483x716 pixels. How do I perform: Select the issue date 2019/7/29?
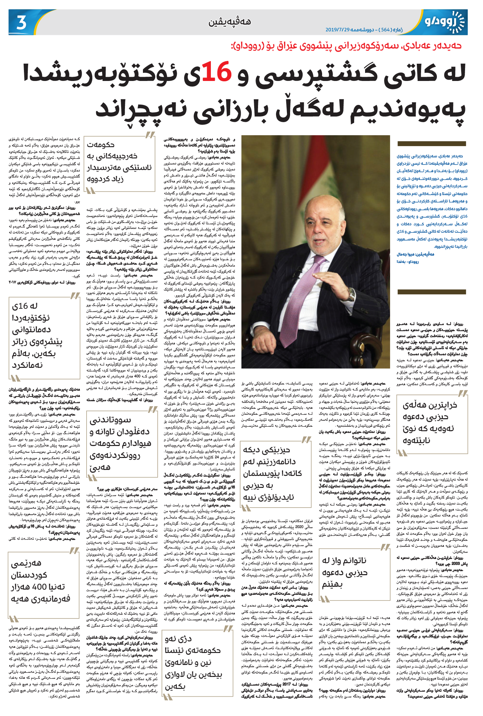tap(337, 30)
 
